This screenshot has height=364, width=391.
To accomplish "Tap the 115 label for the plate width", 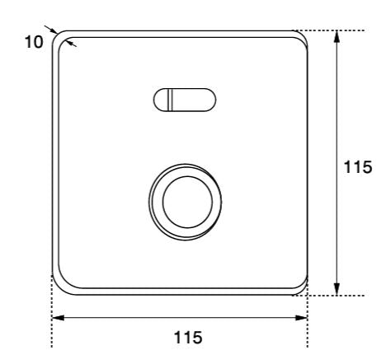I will [180, 338].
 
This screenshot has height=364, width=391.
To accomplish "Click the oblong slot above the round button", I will [186, 100].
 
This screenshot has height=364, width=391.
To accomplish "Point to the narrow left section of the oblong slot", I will [162, 100].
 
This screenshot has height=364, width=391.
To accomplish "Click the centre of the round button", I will [186, 201].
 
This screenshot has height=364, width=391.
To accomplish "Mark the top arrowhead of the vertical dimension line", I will [337, 36].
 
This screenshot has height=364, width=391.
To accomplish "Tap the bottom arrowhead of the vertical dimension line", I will [337, 289].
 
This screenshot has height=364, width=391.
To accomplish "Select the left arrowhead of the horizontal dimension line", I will [57, 317].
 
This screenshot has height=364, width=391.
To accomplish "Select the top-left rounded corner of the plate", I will [59, 40].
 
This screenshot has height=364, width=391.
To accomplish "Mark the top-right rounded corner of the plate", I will [302, 39].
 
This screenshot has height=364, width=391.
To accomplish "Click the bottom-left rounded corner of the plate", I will [59, 287].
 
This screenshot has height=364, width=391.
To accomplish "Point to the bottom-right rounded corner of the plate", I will [302, 287].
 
